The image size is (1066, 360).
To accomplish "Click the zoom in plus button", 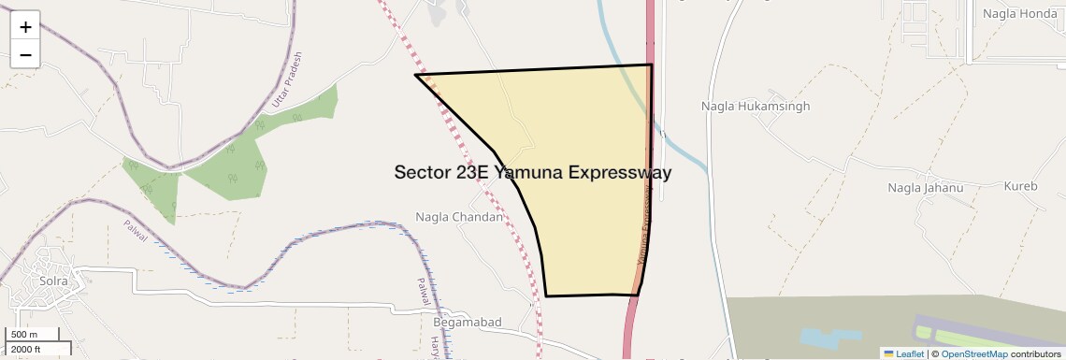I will (x=25, y=27).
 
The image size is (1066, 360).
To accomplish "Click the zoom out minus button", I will (x=25, y=54).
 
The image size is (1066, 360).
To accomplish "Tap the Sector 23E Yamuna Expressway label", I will (x=532, y=172).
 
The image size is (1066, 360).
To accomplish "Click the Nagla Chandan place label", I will (x=459, y=217).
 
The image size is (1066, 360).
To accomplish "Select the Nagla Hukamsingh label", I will (x=756, y=107).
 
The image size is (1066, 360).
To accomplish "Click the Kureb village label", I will (x=1020, y=186).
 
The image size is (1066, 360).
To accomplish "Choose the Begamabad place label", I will (x=468, y=322).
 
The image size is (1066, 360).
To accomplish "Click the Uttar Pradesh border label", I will (x=286, y=79).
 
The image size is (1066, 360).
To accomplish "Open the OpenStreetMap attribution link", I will (x=973, y=353).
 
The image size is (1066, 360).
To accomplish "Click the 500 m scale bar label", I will (x=24, y=335).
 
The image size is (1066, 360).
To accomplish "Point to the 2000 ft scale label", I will (x=26, y=349).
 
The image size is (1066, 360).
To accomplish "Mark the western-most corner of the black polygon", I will (x=416, y=75).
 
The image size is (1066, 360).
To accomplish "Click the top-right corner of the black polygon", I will (x=651, y=65).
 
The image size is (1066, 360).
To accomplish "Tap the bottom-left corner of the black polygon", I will (x=546, y=296).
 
